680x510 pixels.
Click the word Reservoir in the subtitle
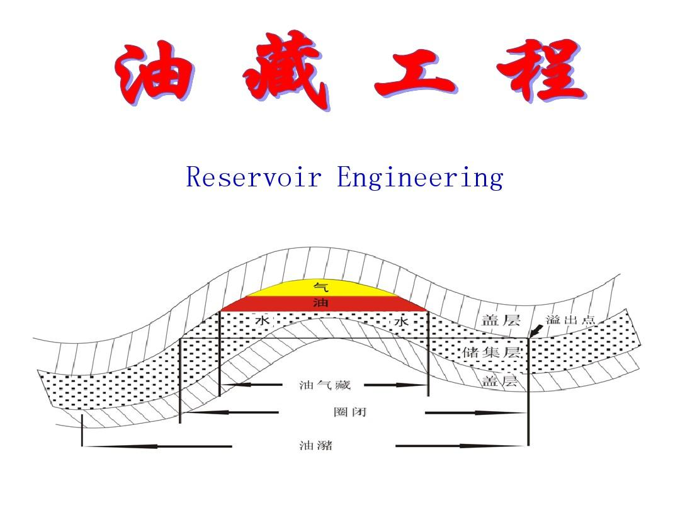click(x=254, y=177)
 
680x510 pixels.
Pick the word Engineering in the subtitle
click(x=420, y=178)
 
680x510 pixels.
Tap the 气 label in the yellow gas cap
click(x=320, y=287)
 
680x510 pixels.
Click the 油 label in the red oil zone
click(x=320, y=303)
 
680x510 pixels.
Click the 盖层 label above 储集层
click(x=501, y=320)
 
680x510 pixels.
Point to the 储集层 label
click(x=491, y=352)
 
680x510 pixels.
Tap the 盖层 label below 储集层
click(x=500, y=381)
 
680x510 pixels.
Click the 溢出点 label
click(x=570, y=319)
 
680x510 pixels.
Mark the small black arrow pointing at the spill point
click(x=536, y=330)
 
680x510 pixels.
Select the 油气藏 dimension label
click(x=325, y=385)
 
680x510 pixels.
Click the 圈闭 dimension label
click(x=349, y=412)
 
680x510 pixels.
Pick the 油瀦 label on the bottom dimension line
click(x=315, y=446)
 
